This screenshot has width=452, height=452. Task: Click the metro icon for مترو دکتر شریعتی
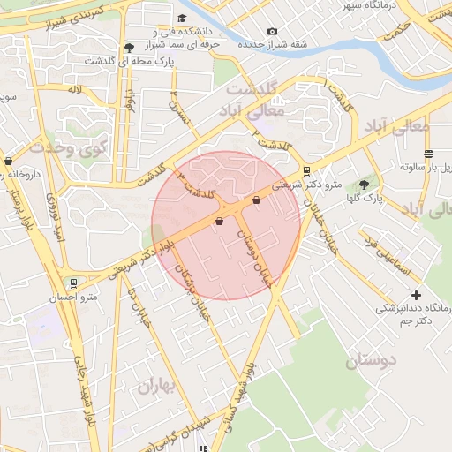[x=306, y=171]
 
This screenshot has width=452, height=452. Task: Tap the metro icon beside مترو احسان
[x=73, y=284]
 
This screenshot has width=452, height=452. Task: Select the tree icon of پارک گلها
[x=363, y=185]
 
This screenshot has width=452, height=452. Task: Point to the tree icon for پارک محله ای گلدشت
[x=131, y=47]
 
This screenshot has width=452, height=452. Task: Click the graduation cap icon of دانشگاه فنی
[x=182, y=19]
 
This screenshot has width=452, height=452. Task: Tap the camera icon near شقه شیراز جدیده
[x=271, y=32]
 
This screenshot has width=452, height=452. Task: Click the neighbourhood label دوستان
[x=371, y=359]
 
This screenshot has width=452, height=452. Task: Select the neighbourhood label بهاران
[x=157, y=386]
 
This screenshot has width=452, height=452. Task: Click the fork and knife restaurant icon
[x=207, y=448]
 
